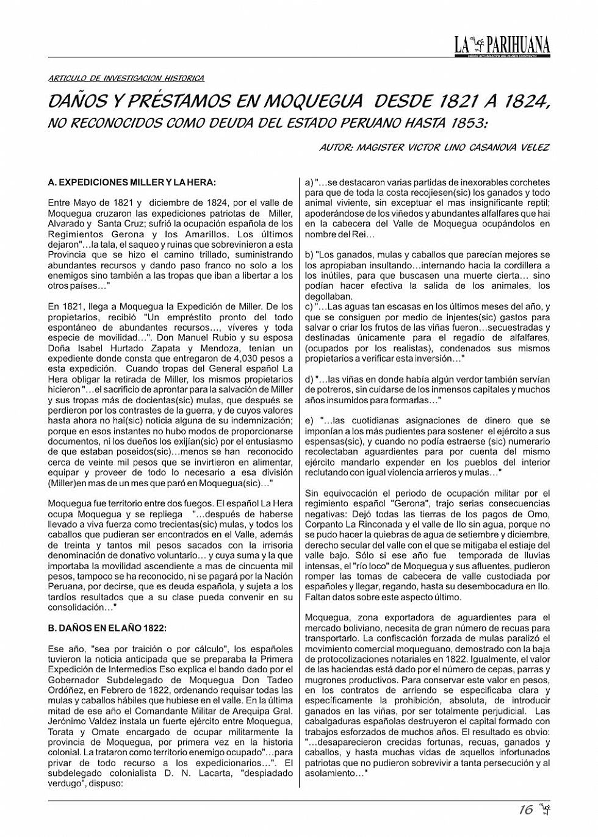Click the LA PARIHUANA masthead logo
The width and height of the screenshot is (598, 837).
point(502,45)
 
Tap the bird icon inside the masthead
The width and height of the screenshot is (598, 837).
point(478,43)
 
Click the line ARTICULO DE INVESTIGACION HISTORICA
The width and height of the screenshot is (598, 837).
point(126,79)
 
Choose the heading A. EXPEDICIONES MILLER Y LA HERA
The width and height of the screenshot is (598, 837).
point(132,182)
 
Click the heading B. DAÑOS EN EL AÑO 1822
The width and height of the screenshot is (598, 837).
point(107,628)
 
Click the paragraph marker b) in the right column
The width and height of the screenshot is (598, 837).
point(309,255)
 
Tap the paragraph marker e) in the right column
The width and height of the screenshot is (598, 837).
point(309,421)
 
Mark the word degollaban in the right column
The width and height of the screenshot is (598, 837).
point(329,296)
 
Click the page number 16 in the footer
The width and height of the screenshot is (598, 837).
point(525,810)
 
